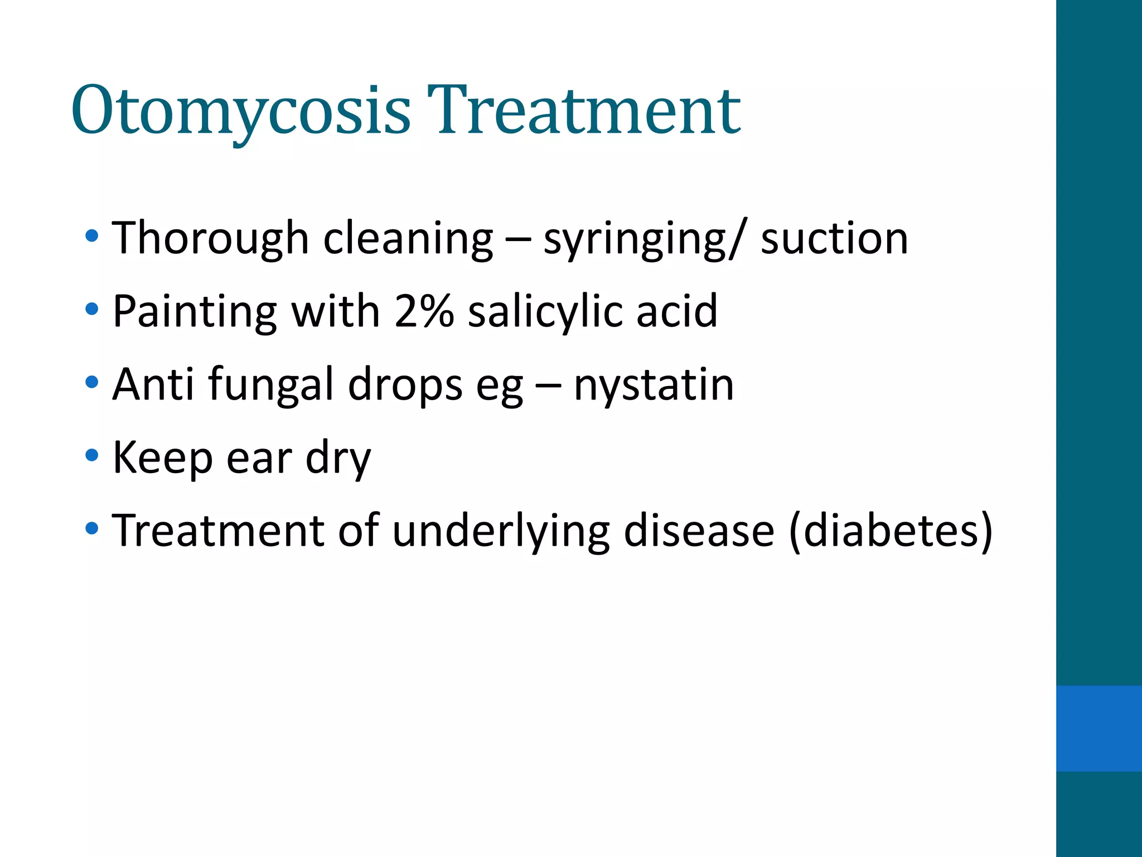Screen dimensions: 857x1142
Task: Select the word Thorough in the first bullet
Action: [x=210, y=239]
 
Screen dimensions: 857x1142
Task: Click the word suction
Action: [x=834, y=239]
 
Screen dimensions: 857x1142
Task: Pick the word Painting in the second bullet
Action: [x=195, y=311]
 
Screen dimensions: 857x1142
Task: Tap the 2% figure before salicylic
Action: [x=424, y=311]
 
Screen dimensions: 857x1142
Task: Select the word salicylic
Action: [x=545, y=311]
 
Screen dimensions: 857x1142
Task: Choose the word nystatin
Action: [x=654, y=385]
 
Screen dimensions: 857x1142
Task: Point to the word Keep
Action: [x=162, y=458]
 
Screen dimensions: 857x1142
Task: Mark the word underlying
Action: [x=501, y=531]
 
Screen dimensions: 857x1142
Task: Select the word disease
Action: [x=699, y=531]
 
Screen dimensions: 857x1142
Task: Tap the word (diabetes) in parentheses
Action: [x=891, y=531]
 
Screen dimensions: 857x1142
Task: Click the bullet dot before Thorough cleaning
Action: [x=92, y=236]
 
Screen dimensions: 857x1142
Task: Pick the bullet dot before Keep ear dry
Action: [x=92, y=455]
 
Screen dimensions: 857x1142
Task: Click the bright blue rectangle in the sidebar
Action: [x=1099, y=728]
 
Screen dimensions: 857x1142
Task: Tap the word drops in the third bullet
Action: [x=405, y=385]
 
